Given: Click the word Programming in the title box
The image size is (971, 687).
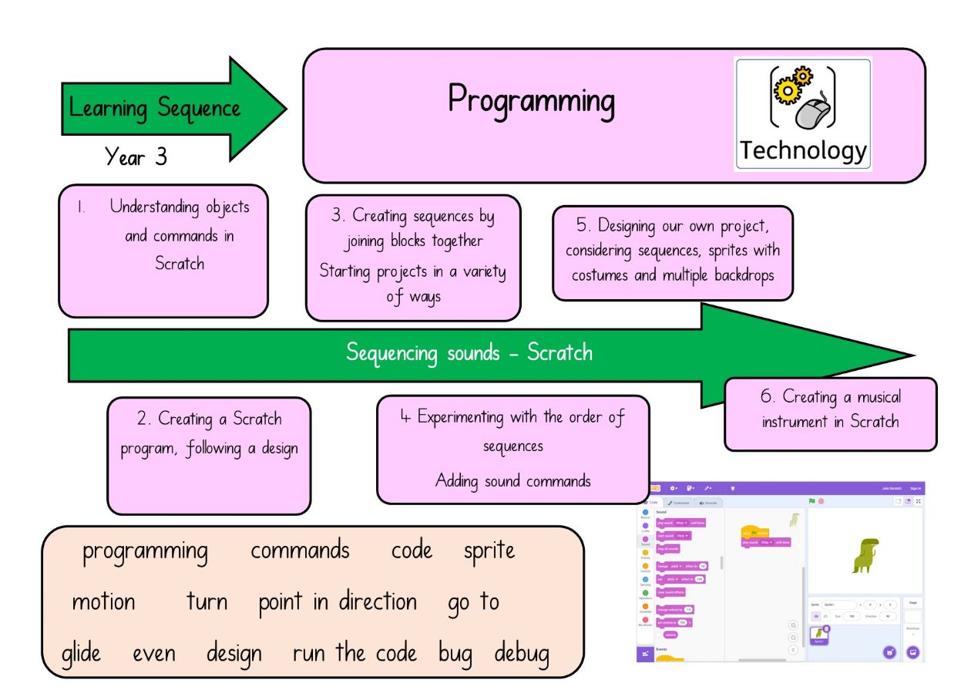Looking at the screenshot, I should [532, 101].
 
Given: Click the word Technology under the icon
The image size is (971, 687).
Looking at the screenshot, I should [803, 150].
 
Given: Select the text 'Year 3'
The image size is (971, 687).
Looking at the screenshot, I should [136, 157].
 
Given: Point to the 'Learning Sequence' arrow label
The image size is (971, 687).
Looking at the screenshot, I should [155, 107].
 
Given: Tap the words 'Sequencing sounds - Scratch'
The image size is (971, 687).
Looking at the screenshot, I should [469, 353].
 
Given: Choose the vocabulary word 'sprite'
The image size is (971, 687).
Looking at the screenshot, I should [489, 551].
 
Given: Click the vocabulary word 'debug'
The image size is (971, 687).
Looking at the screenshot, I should [522, 654].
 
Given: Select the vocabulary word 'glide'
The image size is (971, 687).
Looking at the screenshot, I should [81, 654].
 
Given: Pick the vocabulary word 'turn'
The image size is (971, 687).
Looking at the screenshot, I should [207, 602].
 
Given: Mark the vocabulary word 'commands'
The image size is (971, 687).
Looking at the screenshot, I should [300, 551].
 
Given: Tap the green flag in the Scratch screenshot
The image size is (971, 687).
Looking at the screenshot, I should [811, 501].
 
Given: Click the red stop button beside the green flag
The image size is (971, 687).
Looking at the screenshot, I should [821, 501].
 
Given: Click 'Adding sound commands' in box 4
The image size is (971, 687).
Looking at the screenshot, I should [512, 481].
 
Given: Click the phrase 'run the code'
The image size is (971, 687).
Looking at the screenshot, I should [354, 654].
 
